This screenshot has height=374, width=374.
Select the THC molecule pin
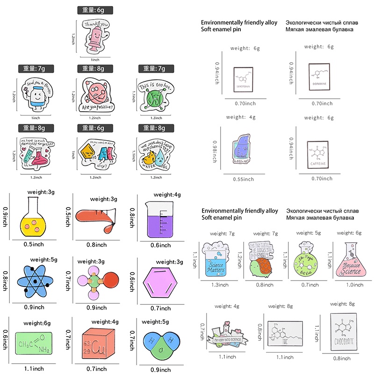(x=282, y=333)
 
